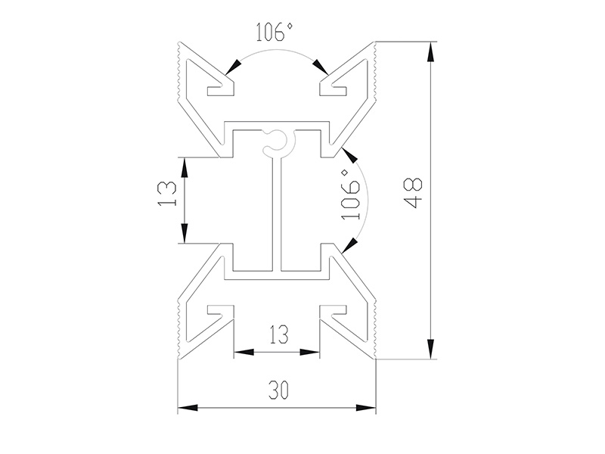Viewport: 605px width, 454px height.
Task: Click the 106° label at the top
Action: [x=274, y=33]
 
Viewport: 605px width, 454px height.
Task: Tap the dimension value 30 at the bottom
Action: [x=278, y=390]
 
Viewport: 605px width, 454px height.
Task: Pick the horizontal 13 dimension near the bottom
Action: [x=278, y=334]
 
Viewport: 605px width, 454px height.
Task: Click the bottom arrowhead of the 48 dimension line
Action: [x=431, y=348]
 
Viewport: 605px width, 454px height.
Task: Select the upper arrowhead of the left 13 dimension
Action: [x=184, y=166]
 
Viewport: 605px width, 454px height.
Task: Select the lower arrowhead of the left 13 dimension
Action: [x=184, y=234]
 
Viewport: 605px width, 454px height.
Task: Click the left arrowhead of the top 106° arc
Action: [x=234, y=67]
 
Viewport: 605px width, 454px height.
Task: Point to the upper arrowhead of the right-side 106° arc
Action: [x=349, y=155]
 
